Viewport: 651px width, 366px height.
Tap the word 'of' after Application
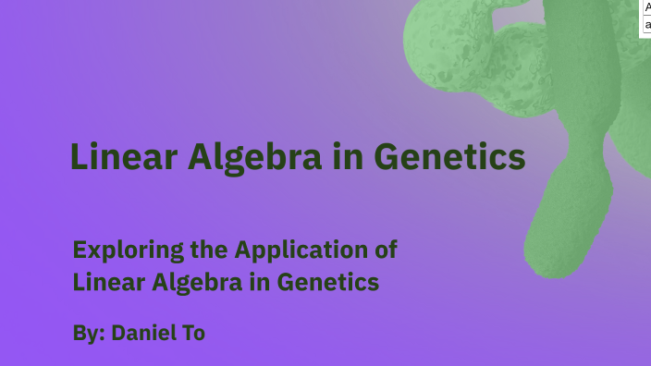[383, 250]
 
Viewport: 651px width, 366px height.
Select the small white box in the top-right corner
[646, 17]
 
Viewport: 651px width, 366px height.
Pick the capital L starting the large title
[80, 158]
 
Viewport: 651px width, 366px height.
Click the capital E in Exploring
[79, 250]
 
